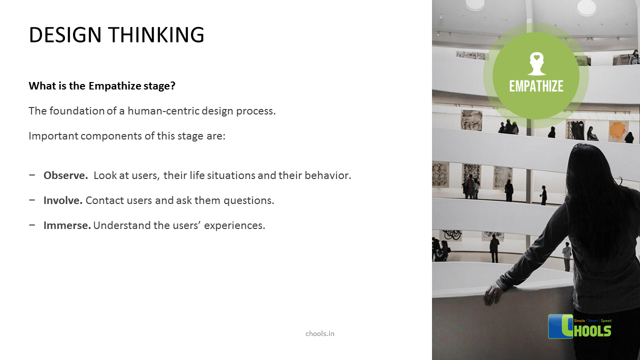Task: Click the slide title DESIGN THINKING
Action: (x=116, y=35)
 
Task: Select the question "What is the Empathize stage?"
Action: (x=102, y=85)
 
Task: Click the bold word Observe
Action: (x=65, y=175)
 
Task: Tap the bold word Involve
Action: (x=63, y=200)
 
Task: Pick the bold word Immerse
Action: (x=67, y=225)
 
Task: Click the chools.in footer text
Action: (x=320, y=333)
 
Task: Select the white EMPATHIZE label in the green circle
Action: (x=536, y=86)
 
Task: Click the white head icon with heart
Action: (x=536, y=63)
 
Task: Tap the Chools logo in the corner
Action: (x=580, y=326)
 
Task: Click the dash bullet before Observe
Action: (x=32, y=175)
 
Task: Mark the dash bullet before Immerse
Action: (x=32, y=225)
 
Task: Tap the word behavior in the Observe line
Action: (x=329, y=175)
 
